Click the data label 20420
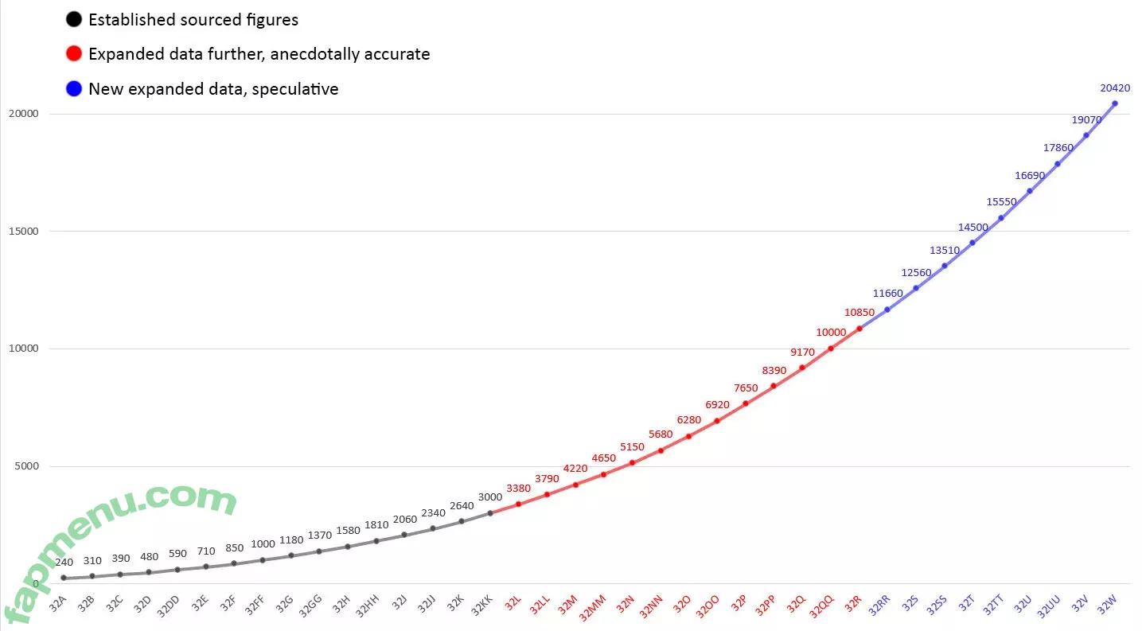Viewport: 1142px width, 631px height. pyautogui.click(x=1114, y=88)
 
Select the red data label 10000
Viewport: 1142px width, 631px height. pyautogui.click(x=832, y=332)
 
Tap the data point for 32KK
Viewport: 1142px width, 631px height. pyautogui.click(x=490, y=513)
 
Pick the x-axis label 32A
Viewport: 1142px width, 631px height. pyautogui.click(x=58, y=604)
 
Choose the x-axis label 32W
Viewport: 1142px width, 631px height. pyautogui.click(x=1107, y=604)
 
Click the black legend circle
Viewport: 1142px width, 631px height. pyautogui.click(x=74, y=20)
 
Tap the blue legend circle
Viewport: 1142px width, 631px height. pyautogui.click(x=74, y=89)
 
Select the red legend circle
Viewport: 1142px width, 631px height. pyautogui.click(x=74, y=54)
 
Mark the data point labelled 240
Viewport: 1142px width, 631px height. pyautogui.click(x=64, y=578)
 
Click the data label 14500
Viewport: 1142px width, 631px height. pyautogui.click(x=972, y=228)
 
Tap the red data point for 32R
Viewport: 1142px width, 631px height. pyautogui.click(x=859, y=329)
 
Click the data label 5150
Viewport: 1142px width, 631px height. pyautogui.click(x=632, y=447)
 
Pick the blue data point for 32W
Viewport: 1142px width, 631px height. pyautogui.click(x=1114, y=103)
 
